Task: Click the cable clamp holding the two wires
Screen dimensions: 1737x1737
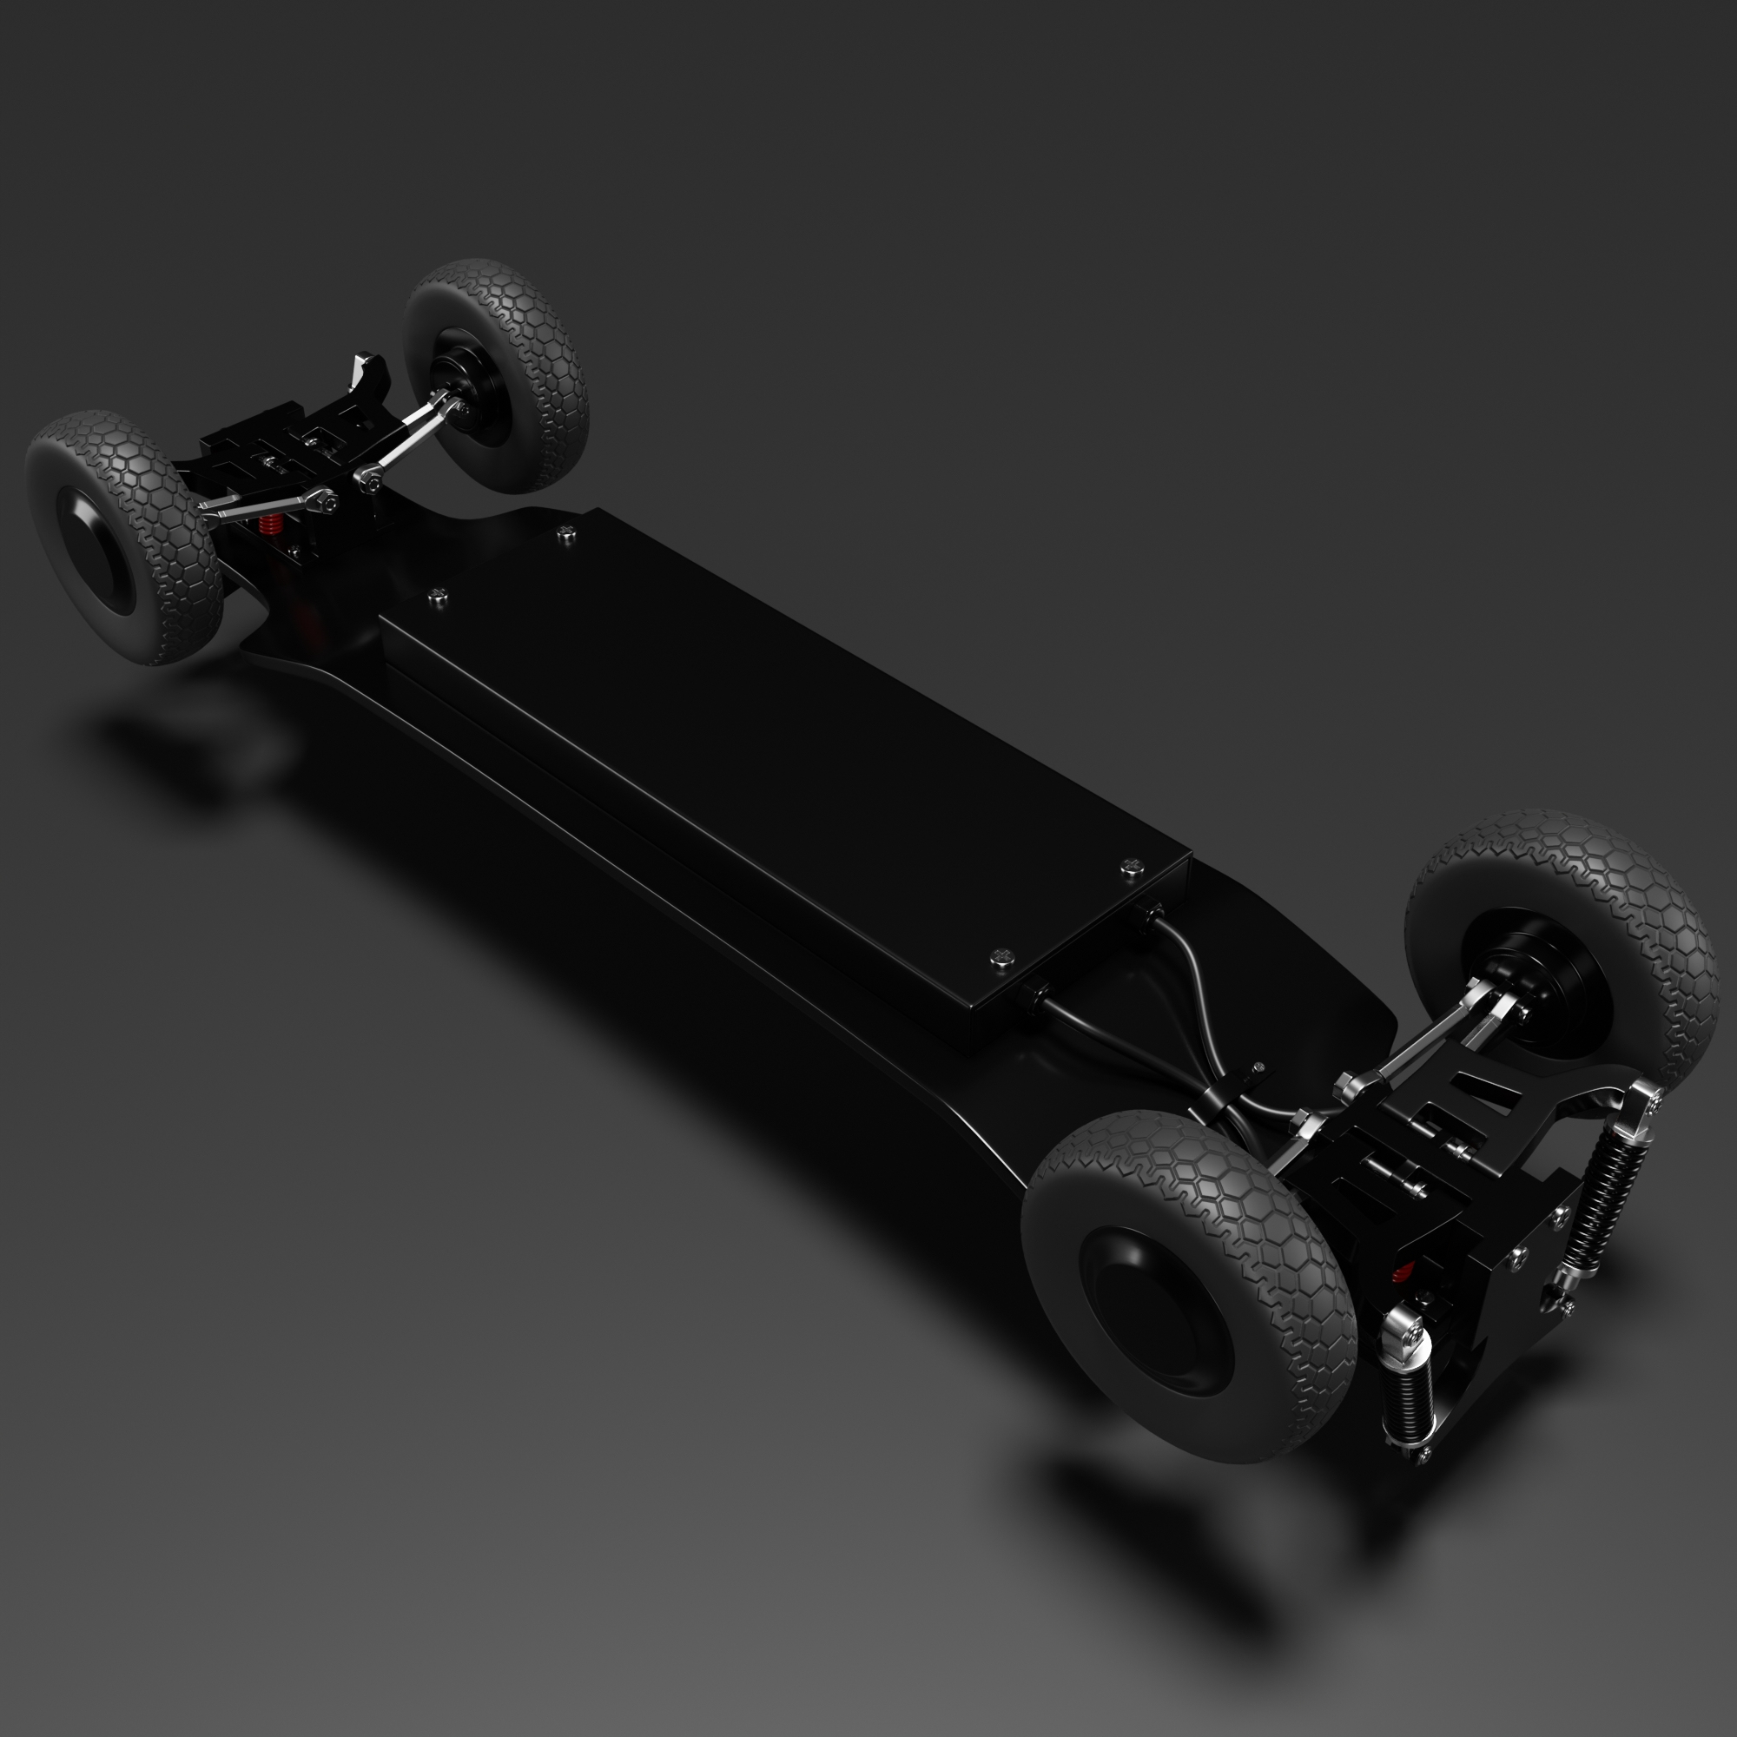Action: coord(1256,1070)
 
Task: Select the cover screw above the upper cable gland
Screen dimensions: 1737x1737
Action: coord(1131,868)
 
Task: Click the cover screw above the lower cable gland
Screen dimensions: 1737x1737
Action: coord(1003,959)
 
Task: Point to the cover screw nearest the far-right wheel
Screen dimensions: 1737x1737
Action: coord(565,534)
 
